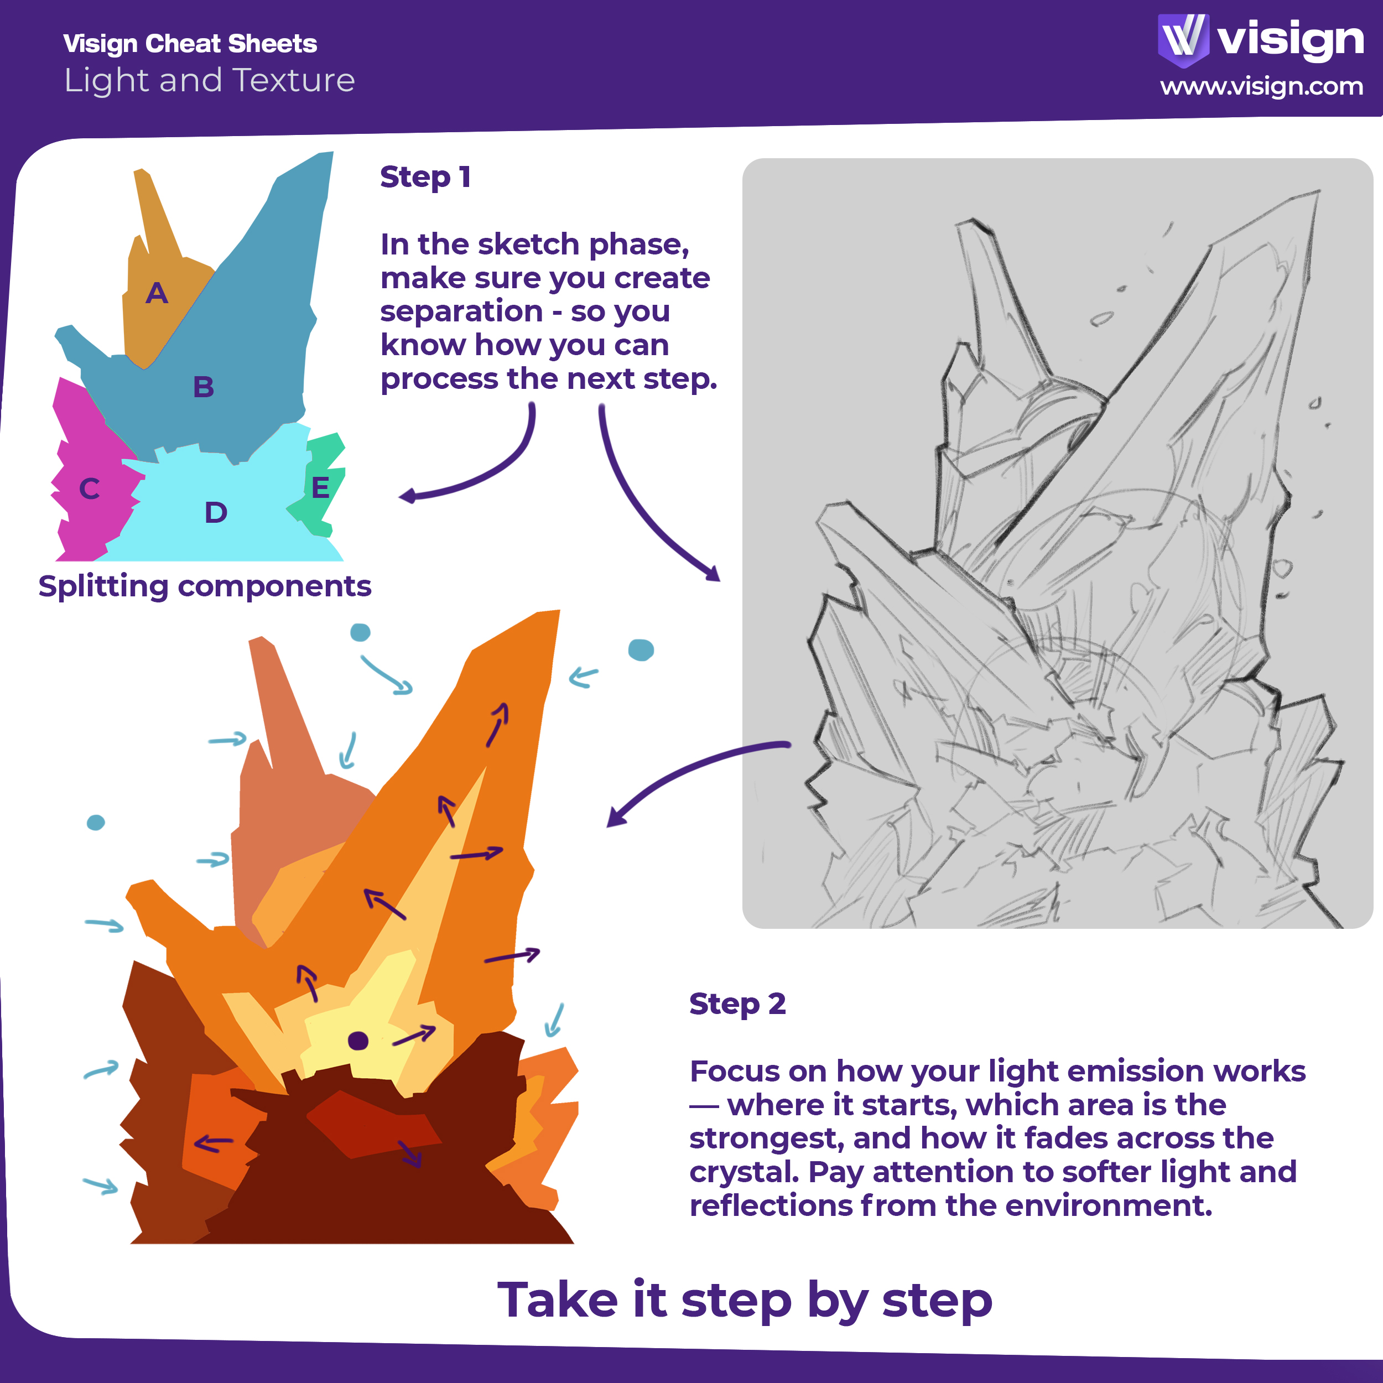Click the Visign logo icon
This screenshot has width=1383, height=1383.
tap(1183, 40)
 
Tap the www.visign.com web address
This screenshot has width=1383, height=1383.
tap(1261, 87)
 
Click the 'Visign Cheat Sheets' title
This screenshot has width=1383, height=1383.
tap(190, 44)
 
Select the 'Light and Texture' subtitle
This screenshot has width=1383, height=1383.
tap(210, 80)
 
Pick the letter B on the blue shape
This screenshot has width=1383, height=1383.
tap(204, 387)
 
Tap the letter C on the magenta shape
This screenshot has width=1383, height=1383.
tap(90, 489)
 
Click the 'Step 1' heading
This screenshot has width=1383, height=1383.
tap(425, 177)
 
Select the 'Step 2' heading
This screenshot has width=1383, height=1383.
tap(737, 1004)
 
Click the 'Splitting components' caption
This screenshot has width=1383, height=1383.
tap(205, 587)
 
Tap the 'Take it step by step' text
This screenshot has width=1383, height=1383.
tap(745, 1300)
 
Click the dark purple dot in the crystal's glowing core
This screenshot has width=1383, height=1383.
tap(358, 1041)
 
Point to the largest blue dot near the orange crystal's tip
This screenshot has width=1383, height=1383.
tap(641, 650)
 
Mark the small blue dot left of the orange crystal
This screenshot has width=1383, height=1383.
tap(96, 823)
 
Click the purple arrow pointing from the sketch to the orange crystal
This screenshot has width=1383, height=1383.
tap(687, 770)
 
